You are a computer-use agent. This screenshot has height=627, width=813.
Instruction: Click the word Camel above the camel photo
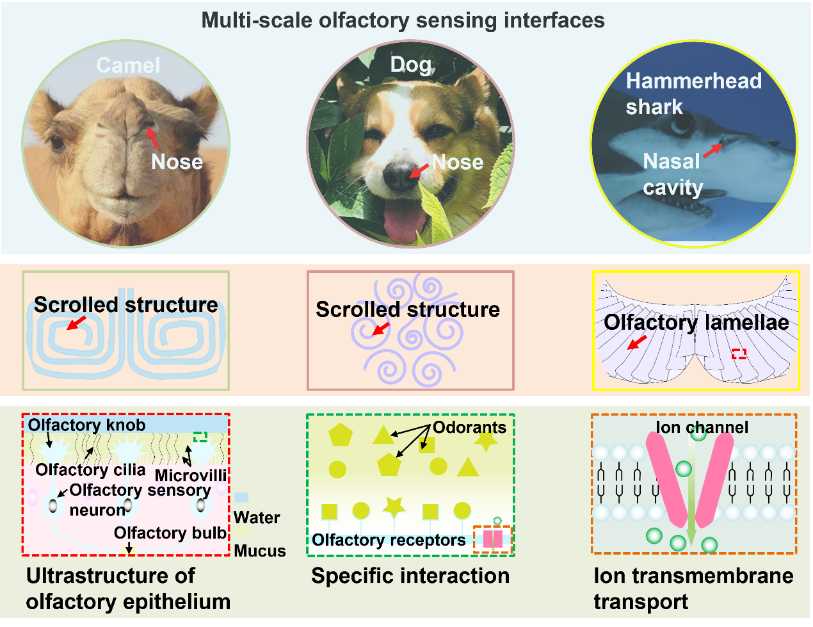(x=128, y=65)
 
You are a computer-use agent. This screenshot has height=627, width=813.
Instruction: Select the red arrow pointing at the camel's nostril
(x=152, y=138)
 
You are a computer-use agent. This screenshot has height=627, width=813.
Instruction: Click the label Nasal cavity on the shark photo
(x=673, y=174)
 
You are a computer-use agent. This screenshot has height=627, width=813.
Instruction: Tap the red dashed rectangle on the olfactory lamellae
(x=739, y=354)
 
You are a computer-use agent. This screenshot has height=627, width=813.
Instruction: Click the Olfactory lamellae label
(x=696, y=322)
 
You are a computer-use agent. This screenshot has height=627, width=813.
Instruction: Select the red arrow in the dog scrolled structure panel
(x=381, y=329)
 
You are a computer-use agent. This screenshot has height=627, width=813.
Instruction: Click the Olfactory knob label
(x=86, y=425)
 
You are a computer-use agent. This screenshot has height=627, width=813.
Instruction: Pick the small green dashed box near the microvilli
(x=200, y=437)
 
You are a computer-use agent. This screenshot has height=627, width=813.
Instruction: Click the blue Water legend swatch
(x=241, y=497)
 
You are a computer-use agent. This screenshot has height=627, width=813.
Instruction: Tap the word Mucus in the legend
(x=260, y=551)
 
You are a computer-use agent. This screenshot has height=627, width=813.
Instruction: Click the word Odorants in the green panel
(x=469, y=427)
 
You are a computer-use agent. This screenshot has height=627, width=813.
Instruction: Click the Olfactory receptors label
(x=389, y=540)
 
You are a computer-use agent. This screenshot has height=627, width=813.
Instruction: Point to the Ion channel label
(x=702, y=427)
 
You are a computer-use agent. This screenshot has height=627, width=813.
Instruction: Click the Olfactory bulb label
(x=170, y=533)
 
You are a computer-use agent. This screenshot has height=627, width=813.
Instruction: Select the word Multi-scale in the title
(x=257, y=20)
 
